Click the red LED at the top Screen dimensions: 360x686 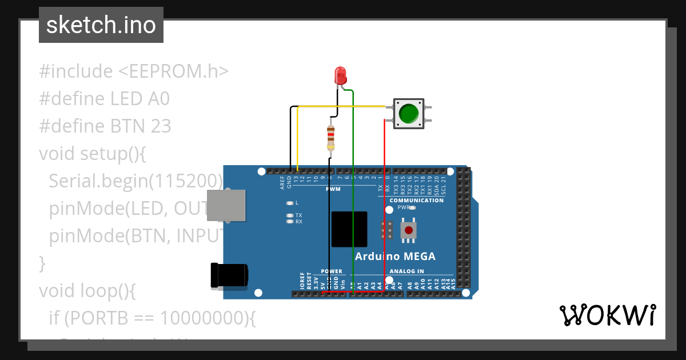[340, 75]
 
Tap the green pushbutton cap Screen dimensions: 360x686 [408, 113]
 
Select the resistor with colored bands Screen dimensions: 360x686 [330, 138]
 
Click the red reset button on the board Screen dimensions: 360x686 [408, 230]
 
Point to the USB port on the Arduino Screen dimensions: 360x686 [226, 206]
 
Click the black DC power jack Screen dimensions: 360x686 [229, 275]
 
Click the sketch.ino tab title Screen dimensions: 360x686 [101, 25]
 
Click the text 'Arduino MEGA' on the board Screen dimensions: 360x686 [395, 256]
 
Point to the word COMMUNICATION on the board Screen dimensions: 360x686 [416, 201]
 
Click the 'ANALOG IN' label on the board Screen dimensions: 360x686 [406, 271]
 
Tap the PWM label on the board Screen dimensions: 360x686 [333, 189]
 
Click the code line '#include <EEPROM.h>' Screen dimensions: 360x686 [134, 71]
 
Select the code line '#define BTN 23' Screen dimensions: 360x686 [105, 126]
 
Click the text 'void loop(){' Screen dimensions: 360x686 [87, 291]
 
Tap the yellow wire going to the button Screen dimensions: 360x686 [343, 106]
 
